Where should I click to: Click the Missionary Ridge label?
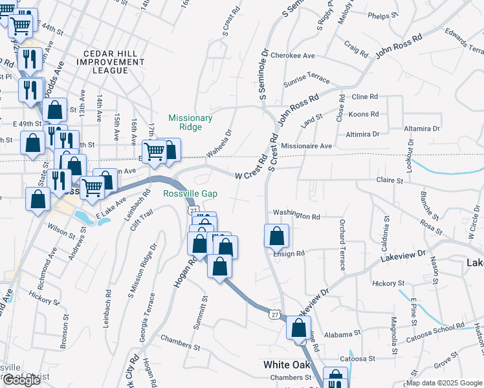click(190, 123)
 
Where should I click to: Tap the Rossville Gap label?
click(190, 194)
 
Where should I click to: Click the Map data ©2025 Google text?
click(444, 382)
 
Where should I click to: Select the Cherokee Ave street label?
click(292, 55)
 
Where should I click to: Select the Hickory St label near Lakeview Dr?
click(389, 283)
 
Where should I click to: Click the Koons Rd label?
click(363, 114)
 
